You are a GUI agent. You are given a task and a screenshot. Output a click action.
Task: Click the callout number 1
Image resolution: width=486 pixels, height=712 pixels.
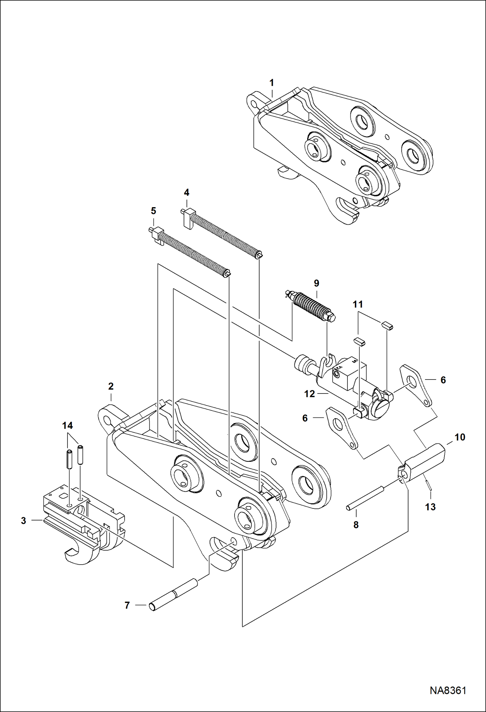click(x=272, y=83)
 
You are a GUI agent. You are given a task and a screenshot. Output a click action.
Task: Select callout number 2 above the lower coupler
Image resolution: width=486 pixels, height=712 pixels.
click(x=111, y=386)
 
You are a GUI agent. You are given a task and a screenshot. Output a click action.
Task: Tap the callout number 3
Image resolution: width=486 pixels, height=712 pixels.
click(x=23, y=521)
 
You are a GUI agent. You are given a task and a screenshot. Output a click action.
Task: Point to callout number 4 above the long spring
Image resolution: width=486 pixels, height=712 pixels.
click(x=187, y=193)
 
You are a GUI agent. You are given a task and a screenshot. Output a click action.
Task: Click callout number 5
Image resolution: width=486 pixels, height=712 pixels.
click(x=153, y=211)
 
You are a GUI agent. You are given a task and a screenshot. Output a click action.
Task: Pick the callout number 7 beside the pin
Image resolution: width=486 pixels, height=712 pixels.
click(x=127, y=605)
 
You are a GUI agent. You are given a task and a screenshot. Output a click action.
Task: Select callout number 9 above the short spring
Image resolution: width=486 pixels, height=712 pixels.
click(x=316, y=283)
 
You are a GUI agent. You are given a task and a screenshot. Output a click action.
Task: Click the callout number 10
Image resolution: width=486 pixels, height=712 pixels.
click(x=460, y=437)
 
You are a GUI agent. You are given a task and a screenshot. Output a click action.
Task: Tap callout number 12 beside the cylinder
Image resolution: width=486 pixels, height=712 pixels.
click(x=310, y=394)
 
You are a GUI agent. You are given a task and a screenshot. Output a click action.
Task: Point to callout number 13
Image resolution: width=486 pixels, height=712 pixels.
click(x=430, y=507)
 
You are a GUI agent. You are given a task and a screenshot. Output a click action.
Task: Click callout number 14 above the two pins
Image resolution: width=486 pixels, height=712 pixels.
click(x=67, y=426)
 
